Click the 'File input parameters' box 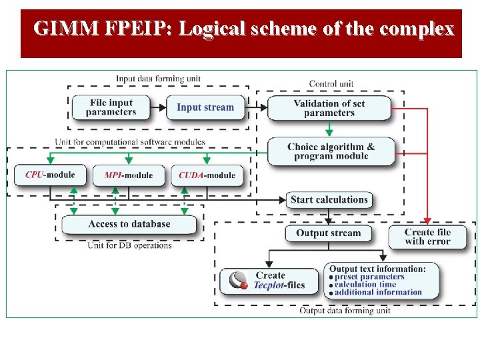click(111, 107)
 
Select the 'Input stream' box click(205, 107)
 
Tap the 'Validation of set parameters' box click(329, 108)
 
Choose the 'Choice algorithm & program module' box click(331, 151)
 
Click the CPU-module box click(50, 175)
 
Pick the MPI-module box click(129, 175)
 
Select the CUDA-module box click(207, 175)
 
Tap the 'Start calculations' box click(329, 199)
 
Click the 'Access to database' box click(129, 224)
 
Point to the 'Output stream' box click(328, 233)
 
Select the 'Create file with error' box click(427, 237)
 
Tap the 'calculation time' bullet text click(365, 284)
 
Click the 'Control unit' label click(331, 84)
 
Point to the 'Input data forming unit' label click(158, 79)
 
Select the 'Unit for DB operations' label click(129, 245)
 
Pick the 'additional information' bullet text click(378, 292)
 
